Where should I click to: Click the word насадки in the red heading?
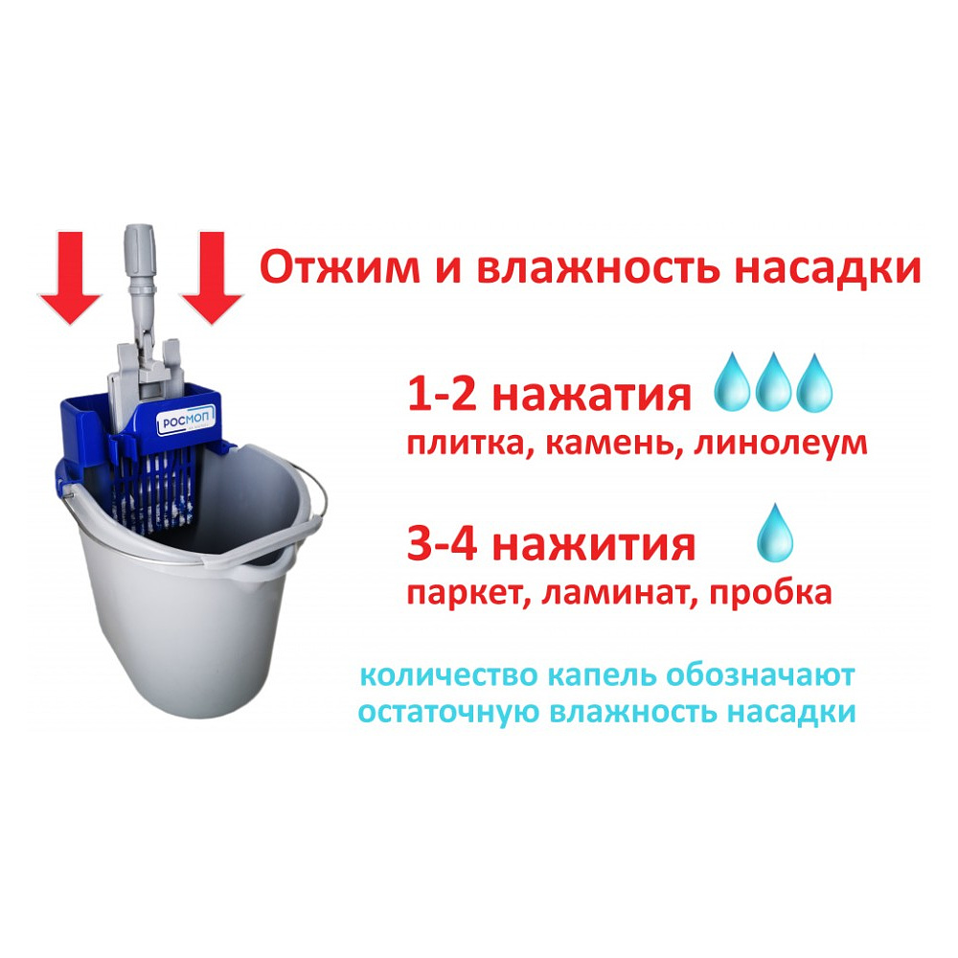point(828,269)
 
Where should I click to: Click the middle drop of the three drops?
point(774,383)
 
